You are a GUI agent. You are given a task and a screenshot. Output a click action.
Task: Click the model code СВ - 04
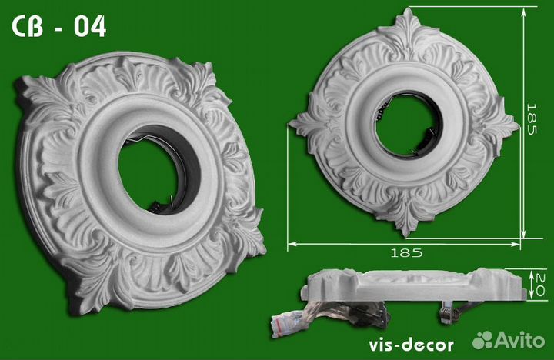(59, 27)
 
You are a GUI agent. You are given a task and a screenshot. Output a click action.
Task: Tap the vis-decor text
(411, 345)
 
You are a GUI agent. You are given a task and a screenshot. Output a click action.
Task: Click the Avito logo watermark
(509, 340)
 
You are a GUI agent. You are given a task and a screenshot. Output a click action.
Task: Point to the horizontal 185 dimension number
(406, 252)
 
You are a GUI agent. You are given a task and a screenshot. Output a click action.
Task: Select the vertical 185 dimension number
(532, 119)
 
